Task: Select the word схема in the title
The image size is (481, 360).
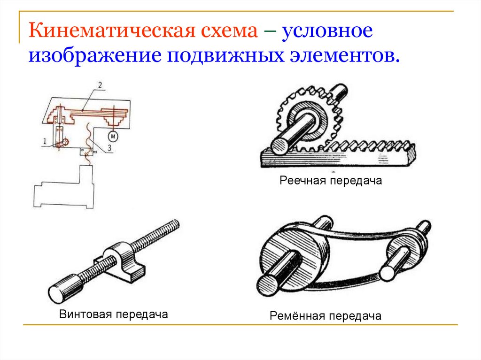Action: [229, 32]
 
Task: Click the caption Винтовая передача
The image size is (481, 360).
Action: [114, 314]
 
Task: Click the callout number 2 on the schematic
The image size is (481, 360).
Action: [100, 85]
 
